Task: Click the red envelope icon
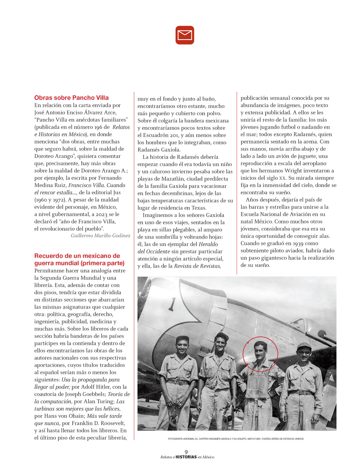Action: click(185, 35)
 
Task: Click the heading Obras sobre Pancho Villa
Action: click(71, 98)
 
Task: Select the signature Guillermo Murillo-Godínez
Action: click(100, 236)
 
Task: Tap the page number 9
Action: click(186, 452)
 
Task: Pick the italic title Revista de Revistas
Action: click(197, 266)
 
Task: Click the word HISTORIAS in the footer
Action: click(186, 457)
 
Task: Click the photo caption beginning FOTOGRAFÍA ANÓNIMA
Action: click(235, 439)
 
